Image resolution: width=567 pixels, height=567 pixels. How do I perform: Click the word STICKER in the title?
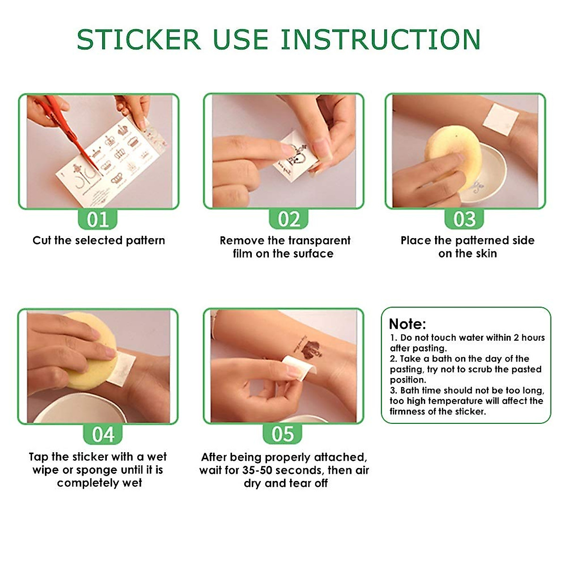coord(138,40)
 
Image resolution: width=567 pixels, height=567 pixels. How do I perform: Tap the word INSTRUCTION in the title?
coord(381,40)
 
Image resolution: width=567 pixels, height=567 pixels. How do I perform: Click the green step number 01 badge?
coord(97,220)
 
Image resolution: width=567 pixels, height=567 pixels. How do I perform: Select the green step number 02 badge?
coord(288,220)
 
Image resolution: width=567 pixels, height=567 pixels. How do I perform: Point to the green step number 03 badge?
coord(464,220)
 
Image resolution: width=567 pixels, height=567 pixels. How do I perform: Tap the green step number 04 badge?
coord(103,434)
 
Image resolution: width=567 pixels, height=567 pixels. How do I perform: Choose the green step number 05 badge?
coord(283,434)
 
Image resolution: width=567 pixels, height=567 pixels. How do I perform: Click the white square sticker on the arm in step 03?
coord(504,119)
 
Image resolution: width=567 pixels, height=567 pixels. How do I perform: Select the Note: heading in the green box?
coord(407,324)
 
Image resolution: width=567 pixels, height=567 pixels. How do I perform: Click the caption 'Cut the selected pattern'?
coord(99,241)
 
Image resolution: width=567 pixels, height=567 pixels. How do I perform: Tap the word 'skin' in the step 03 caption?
coord(486,254)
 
